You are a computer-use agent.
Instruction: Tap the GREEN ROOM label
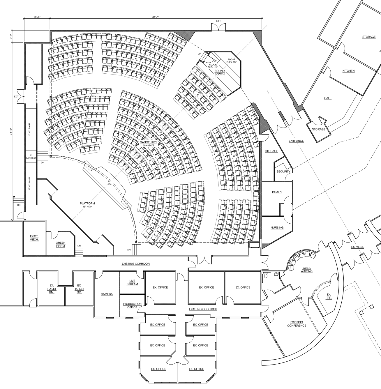(x=61, y=244)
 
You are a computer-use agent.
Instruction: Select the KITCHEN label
(x=348, y=71)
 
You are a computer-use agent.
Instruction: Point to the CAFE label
(x=328, y=98)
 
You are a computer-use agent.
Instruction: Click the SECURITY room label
(x=283, y=171)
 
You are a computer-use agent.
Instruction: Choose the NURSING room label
(x=277, y=227)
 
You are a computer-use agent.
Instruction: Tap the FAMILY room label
(x=277, y=192)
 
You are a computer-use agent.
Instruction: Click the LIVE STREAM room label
(x=132, y=282)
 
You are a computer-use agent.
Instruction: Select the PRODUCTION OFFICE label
(x=132, y=305)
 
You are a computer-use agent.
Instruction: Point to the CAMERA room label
(x=107, y=294)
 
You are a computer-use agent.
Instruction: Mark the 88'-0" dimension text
(x=156, y=17)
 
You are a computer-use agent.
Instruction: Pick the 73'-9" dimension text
(x=11, y=132)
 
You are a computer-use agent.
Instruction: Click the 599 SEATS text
(x=149, y=145)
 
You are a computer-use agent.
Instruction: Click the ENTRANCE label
(x=296, y=141)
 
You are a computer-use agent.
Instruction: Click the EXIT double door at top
(x=218, y=27)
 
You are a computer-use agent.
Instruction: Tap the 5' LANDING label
(x=31, y=156)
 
